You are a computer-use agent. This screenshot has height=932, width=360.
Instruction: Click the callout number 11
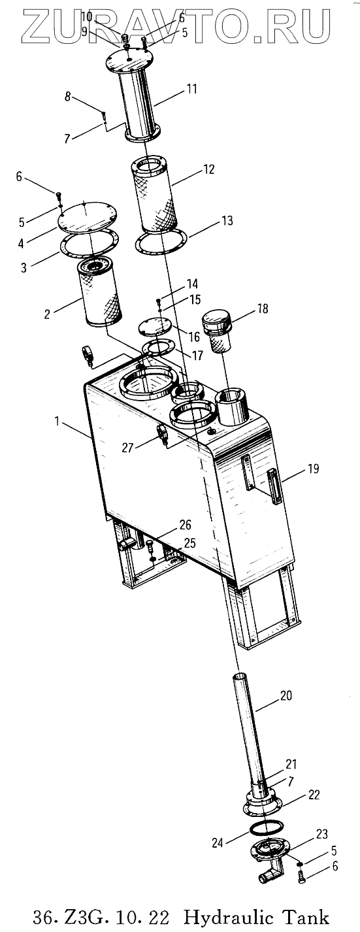pos(191,89)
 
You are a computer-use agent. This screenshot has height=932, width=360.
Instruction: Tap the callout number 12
pos(208,169)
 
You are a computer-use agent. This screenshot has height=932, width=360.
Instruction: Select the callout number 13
pos(227,220)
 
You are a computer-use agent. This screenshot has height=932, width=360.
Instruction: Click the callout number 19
pos(314,469)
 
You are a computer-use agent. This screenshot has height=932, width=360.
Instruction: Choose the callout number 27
pos(128,447)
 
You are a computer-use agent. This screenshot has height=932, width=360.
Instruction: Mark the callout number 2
pos(47,314)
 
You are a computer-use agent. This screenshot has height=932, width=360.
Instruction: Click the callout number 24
pos(218,843)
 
